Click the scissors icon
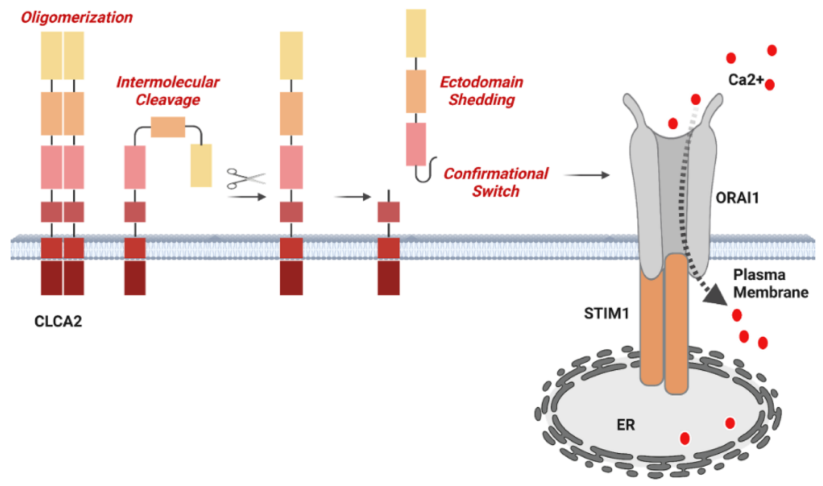246,178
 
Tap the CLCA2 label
58,321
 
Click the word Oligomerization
77,17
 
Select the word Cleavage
168,100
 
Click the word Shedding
482,100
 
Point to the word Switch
496,191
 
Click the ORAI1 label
737,198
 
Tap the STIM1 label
606,313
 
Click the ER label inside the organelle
625,425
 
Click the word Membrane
771,292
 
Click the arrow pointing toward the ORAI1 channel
586,175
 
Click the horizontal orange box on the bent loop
168,127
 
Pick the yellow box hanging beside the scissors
201,165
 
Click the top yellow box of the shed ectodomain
416,33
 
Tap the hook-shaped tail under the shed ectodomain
425,171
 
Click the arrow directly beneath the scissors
246,197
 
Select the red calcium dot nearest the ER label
684,438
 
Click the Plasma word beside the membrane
759,275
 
